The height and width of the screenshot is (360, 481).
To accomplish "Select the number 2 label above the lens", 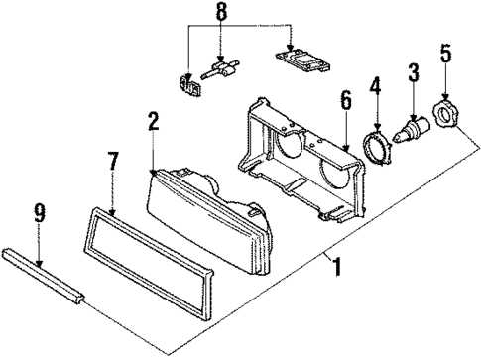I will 153,122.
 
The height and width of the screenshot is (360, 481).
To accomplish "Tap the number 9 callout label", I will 39,212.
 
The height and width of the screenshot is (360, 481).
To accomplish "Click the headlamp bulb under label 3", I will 412,129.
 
